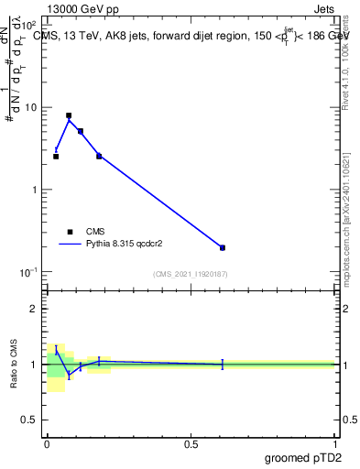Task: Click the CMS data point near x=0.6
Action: point(223,247)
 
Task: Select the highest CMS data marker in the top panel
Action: point(69,116)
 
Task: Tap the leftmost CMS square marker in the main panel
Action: point(56,157)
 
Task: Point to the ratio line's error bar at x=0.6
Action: point(223,365)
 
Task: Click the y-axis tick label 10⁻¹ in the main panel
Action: point(28,272)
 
